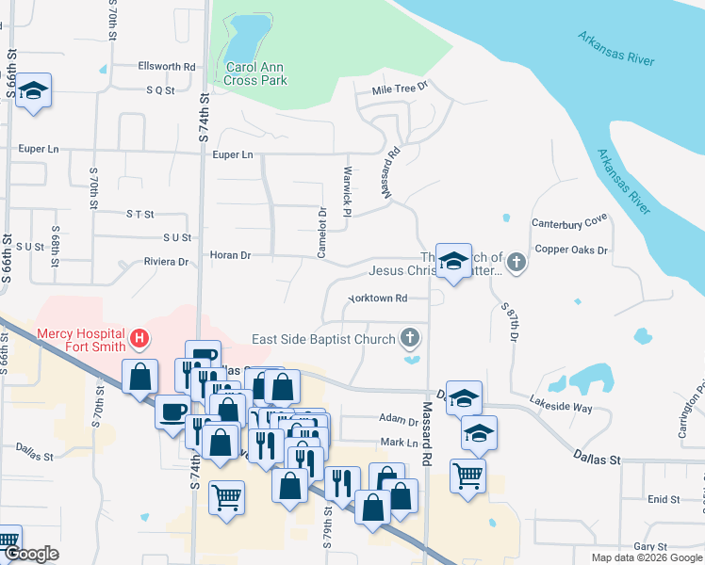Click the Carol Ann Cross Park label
point(255,74)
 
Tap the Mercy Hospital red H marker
point(139,337)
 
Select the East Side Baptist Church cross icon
point(409,336)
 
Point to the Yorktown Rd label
point(377,299)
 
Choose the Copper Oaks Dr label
point(572,250)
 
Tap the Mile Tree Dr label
point(400,88)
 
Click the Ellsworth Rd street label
point(166,67)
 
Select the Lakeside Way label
point(561,408)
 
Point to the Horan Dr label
point(230,255)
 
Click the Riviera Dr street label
point(166,262)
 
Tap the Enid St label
point(664,499)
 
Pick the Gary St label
point(650,546)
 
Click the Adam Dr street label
point(398,419)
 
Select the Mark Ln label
point(399,442)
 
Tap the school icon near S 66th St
point(34,91)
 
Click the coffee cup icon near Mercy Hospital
point(173,412)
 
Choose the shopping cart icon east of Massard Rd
point(467,475)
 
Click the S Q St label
point(160,90)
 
